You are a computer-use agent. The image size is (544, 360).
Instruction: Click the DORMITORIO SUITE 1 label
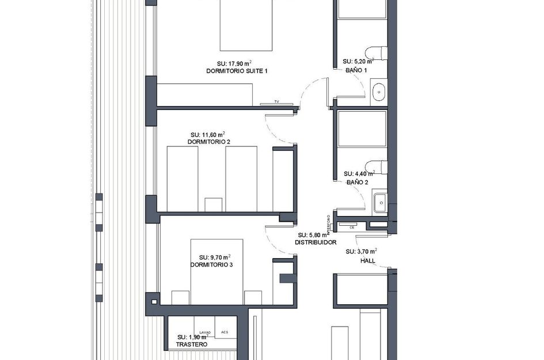point(237,71)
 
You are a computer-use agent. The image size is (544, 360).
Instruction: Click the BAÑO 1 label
point(357,70)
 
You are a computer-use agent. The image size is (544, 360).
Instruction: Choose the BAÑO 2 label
point(357,182)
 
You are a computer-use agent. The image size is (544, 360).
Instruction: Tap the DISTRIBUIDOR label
point(315,243)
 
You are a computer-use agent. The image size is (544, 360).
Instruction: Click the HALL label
point(367,260)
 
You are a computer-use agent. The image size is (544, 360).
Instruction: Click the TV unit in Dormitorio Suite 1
point(276,103)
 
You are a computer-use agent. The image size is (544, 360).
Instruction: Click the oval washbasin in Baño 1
point(379,92)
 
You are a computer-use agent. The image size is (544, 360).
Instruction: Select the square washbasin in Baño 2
point(379,202)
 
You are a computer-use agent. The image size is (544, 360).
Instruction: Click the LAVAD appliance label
point(205,332)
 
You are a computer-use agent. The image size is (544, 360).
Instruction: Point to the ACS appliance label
point(225,332)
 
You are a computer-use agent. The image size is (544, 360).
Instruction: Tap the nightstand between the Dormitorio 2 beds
point(213,205)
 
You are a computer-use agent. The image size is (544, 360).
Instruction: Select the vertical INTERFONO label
point(329,225)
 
